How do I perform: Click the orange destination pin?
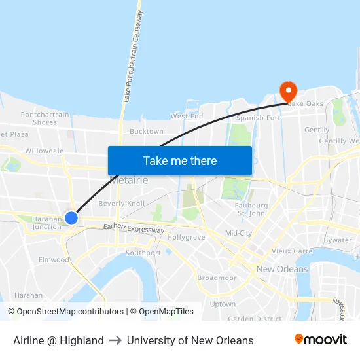coord(288,90)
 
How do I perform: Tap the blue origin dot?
coord(71,217)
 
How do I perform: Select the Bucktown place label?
coord(147,132)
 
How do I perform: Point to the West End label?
coord(187,116)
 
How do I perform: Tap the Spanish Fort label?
coord(259,118)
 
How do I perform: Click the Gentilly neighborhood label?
coord(317,130)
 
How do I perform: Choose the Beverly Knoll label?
coord(122,204)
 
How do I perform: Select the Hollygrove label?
coord(186,237)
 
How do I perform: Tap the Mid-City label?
coord(238,233)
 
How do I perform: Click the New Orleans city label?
coord(282,269)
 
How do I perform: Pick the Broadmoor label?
coord(217,278)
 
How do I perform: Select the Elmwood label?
coord(54,260)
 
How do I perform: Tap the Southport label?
coord(143,253)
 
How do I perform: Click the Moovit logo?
coord(321,340)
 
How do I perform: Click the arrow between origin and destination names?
coord(115,340)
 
